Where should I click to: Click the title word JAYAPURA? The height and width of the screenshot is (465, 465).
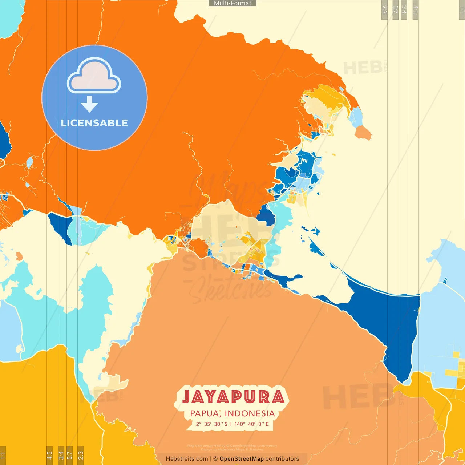point(233,397)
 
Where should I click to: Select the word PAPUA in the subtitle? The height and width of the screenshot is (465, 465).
point(204,413)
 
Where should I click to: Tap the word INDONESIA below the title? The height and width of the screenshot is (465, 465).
point(250,413)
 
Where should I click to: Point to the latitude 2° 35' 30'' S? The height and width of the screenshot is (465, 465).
point(212,424)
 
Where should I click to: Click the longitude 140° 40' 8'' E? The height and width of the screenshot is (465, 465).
point(252,424)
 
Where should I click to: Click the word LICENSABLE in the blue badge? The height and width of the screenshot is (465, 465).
point(94,123)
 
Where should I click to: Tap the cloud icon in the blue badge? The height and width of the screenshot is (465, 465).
point(94,76)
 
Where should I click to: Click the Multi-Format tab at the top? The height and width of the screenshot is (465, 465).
point(232,3)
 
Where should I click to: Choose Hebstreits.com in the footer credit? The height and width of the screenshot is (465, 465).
point(187,459)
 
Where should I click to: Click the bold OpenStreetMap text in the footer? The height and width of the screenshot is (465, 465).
point(242,459)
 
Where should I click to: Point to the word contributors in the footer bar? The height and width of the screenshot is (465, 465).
point(282,459)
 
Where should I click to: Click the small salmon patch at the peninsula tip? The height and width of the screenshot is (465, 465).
point(363,133)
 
